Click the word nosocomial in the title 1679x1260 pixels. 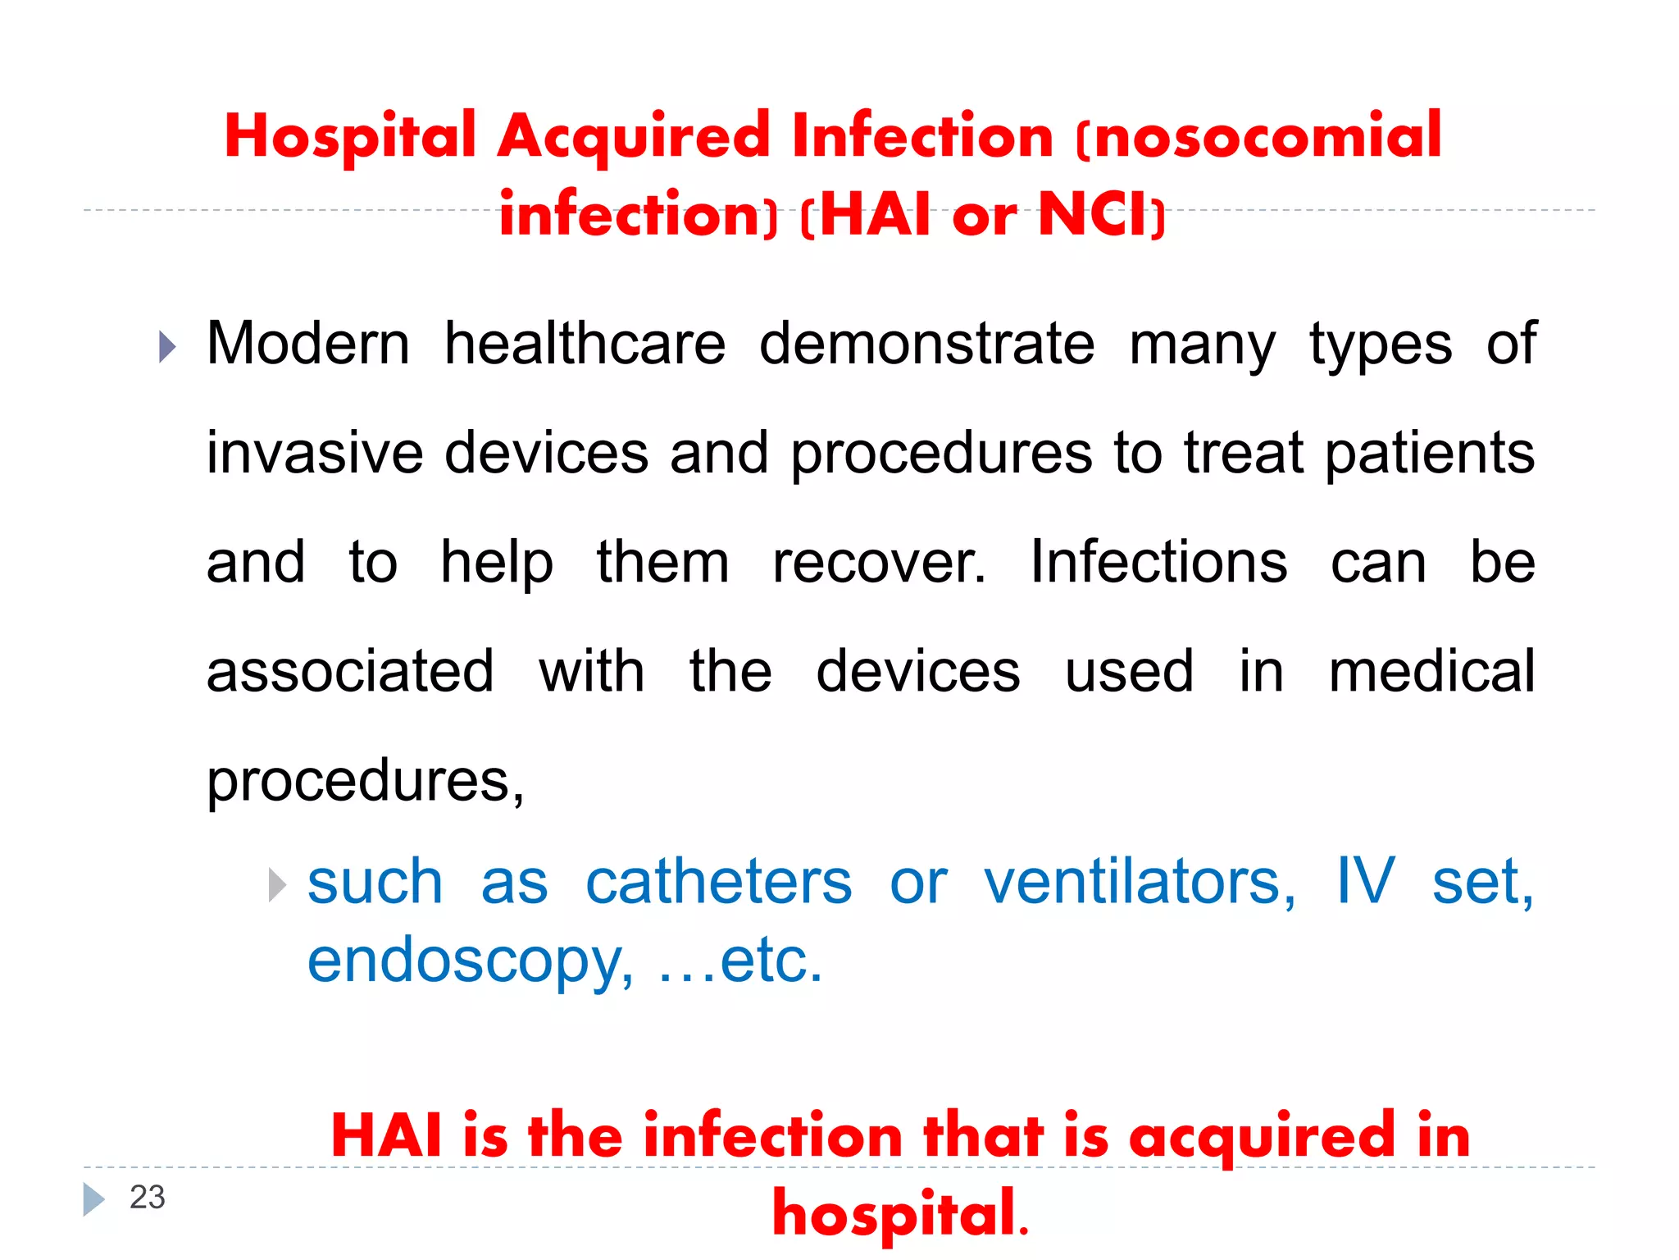[x=1267, y=136]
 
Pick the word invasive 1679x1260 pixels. [x=315, y=453]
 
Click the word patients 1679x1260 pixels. [x=1430, y=454]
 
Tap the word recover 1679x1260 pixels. [x=879, y=563]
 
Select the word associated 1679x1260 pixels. [x=350, y=672]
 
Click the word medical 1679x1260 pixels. [x=1431, y=672]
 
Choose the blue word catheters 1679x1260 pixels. [x=719, y=883]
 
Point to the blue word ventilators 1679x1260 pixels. [x=1140, y=883]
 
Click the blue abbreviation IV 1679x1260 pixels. [x=1365, y=881]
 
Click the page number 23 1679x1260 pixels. [x=148, y=1198]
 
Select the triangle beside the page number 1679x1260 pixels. [x=93, y=1199]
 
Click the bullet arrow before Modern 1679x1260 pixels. [x=167, y=347]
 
